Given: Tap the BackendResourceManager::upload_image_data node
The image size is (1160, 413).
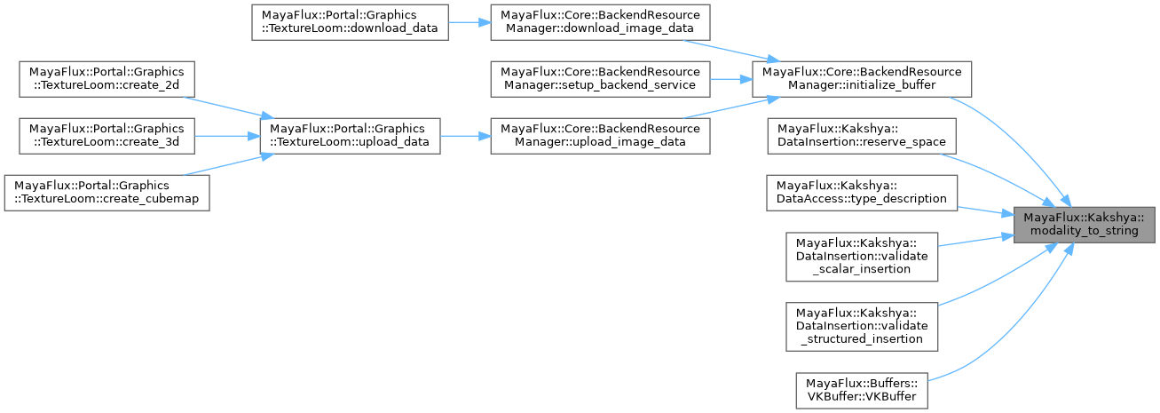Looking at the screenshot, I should pos(600,135).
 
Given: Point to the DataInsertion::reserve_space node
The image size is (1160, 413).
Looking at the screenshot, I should pos(862,135).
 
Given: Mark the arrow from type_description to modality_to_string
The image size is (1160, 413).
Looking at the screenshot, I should pos(984,211).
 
